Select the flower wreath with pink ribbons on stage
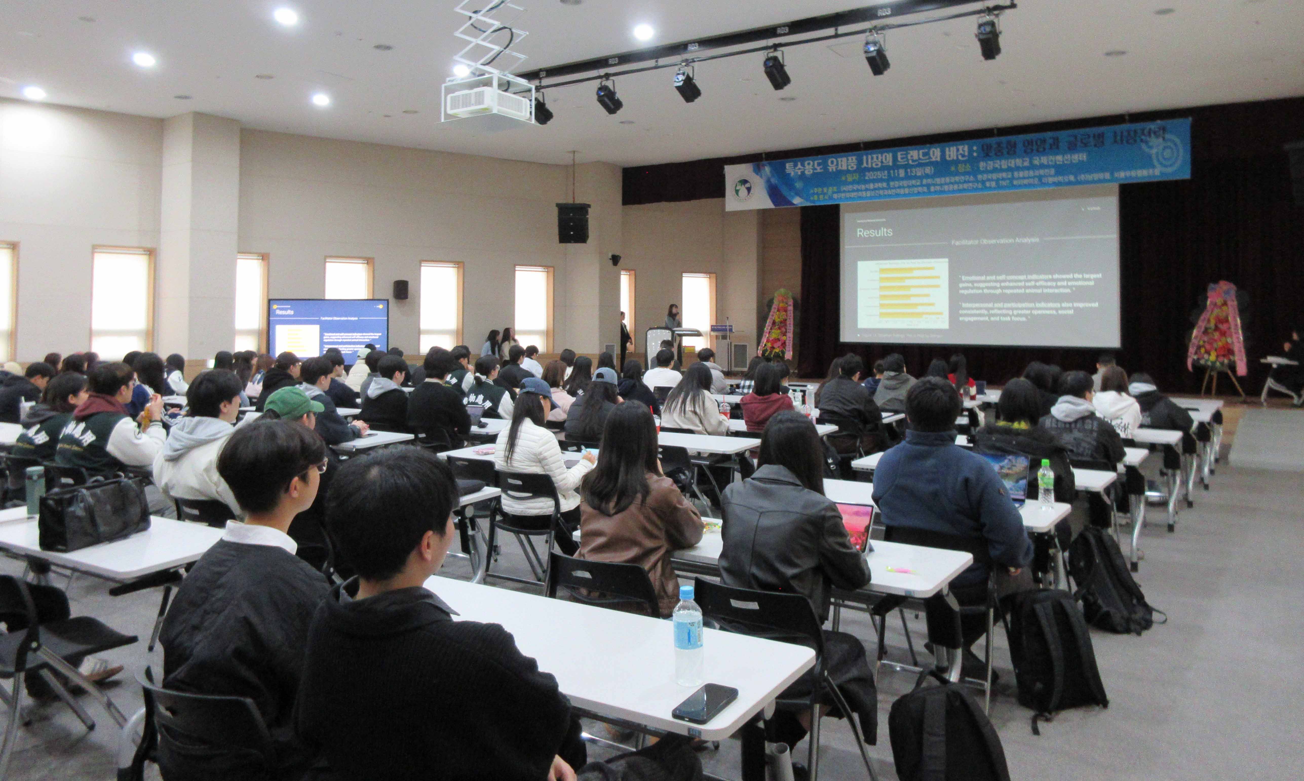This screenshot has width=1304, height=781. click(1217, 329)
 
